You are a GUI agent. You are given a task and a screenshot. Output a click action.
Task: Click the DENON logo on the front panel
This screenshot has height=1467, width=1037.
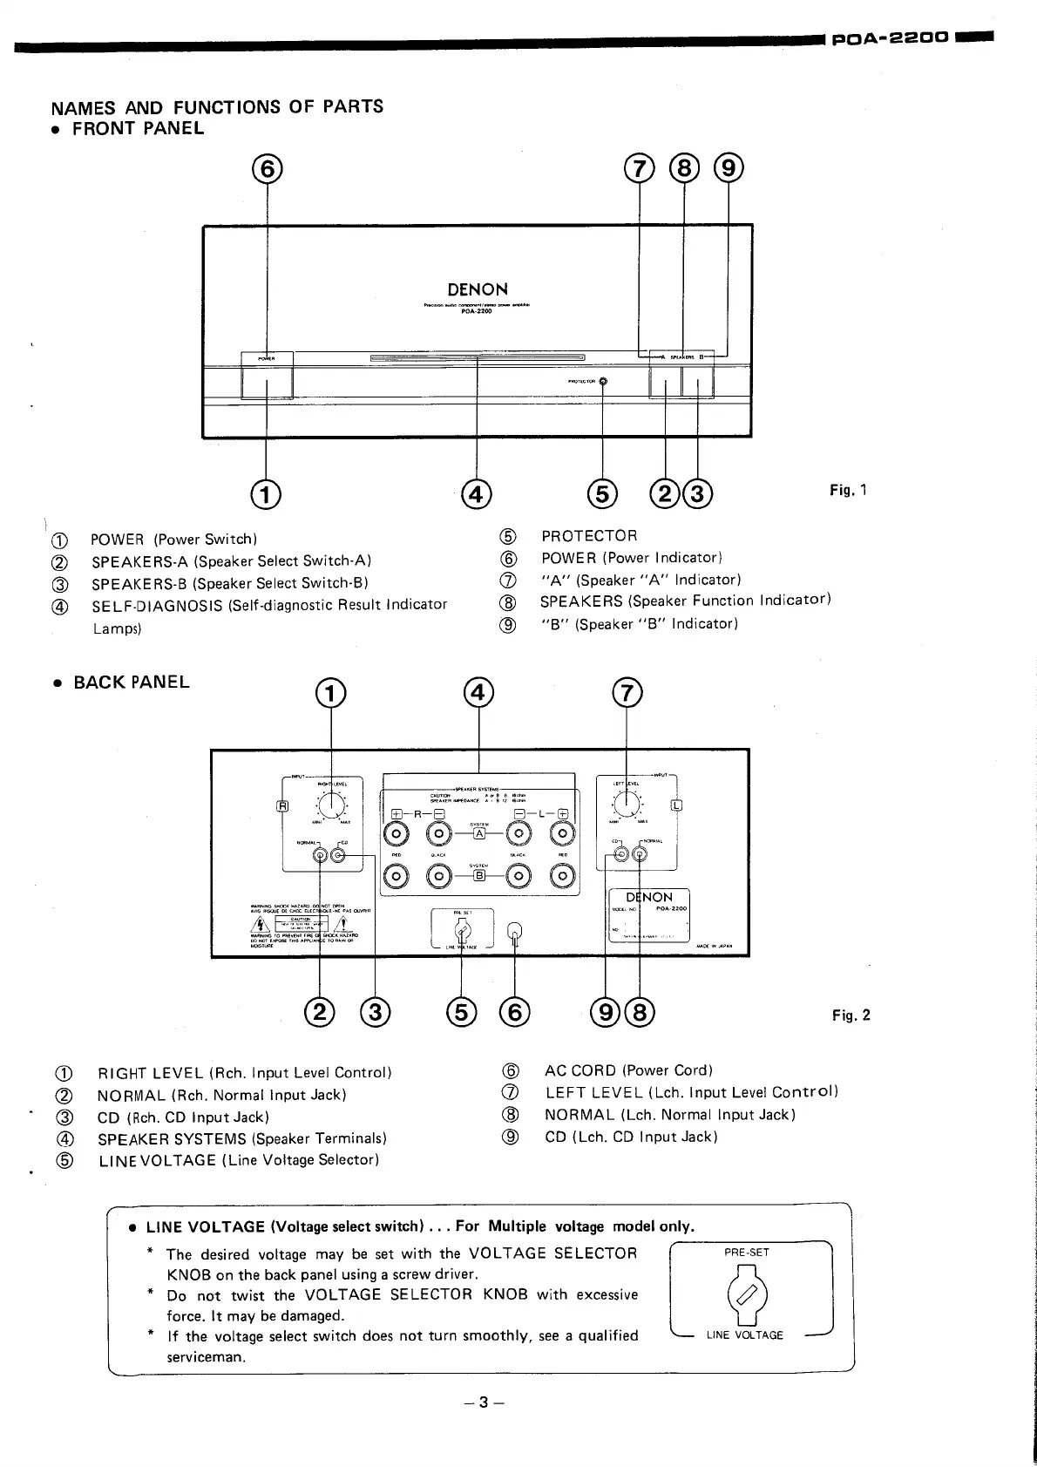(x=478, y=289)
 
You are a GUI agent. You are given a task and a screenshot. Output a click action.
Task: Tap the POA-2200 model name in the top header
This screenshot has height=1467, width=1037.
(x=889, y=38)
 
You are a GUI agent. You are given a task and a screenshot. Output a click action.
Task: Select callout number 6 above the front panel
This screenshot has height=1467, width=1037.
(x=267, y=168)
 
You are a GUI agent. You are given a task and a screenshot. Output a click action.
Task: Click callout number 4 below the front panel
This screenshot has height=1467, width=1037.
(x=477, y=494)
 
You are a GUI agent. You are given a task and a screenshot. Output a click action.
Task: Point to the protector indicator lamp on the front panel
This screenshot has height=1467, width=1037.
(x=603, y=381)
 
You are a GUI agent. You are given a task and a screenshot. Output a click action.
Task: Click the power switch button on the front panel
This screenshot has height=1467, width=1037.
(x=267, y=382)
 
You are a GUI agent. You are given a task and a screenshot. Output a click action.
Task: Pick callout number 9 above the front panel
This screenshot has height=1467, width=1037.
(x=728, y=168)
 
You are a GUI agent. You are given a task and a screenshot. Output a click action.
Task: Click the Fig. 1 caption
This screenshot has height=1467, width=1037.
(x=848, y=490)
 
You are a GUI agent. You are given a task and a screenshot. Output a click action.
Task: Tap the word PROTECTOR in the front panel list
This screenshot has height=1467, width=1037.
(x=589, y=536)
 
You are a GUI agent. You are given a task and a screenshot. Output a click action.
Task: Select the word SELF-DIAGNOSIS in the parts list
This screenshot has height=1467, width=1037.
(x=158, y=605)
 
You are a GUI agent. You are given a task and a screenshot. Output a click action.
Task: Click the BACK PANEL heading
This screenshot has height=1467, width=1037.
(x=131, y=683)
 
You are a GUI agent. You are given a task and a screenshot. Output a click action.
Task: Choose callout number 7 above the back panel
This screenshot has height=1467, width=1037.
(x=627, y=694)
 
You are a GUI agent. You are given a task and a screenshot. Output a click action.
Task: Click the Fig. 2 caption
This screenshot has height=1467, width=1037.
(x=851, y=1015)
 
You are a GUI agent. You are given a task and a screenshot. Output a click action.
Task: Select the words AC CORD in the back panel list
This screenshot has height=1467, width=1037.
(x=579, y=1070)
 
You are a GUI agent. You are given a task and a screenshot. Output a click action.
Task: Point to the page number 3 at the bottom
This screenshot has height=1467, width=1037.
(x=485, y=1403)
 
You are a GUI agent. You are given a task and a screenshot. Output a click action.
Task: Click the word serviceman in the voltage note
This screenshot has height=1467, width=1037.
(x=207, y=1357)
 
